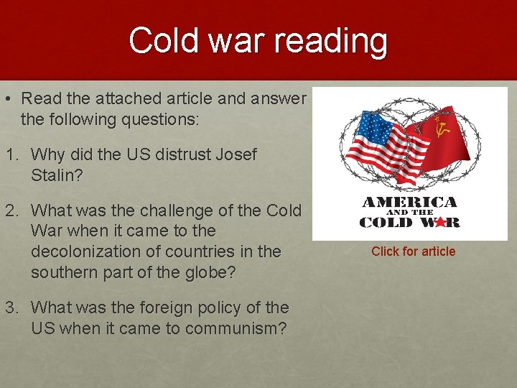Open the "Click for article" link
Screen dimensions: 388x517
click(x=413, y=251)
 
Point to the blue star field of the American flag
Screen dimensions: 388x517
click(x=368, y=132)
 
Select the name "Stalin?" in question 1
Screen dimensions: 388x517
click(x=57, y=175)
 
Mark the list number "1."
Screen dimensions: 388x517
click(x=11, y=154)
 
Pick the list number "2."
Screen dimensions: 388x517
click(x=11, y=211)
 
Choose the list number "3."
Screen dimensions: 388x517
click(x=11, y=308)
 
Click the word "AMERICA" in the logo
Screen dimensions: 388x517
click(x=409, y=202)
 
